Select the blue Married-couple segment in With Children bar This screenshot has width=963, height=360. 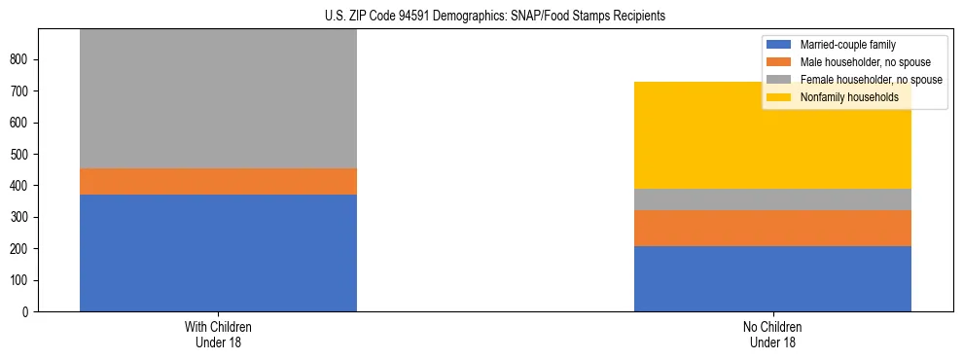(x=218, y=253)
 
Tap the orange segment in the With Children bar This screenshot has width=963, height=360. (x=218, y=182)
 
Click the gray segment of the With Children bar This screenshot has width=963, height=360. (x=218, y=98)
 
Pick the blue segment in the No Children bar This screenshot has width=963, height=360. (x=772, y=278)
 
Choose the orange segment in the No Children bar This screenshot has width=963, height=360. (x=772, y=228)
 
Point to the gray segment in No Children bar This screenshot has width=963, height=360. (x=772, y=199)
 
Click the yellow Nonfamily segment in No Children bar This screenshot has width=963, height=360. (x=772, y=135)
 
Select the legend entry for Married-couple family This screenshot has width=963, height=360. (x=847, y=45)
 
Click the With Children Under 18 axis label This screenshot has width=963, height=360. (x=218, y=335)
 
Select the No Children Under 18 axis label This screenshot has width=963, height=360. (x=772, y=335)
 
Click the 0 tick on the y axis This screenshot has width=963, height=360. (x=28, y=312)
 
